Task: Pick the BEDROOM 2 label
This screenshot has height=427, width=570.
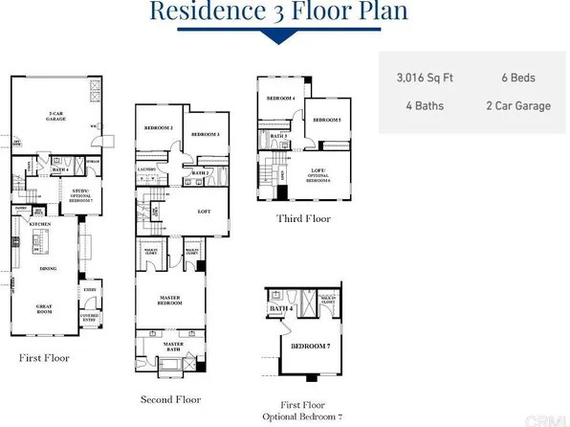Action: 158,127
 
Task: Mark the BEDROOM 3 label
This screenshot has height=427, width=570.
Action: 205,134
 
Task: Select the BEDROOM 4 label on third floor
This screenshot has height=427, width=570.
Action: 279,99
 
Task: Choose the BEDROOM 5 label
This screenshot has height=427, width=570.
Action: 327,120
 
